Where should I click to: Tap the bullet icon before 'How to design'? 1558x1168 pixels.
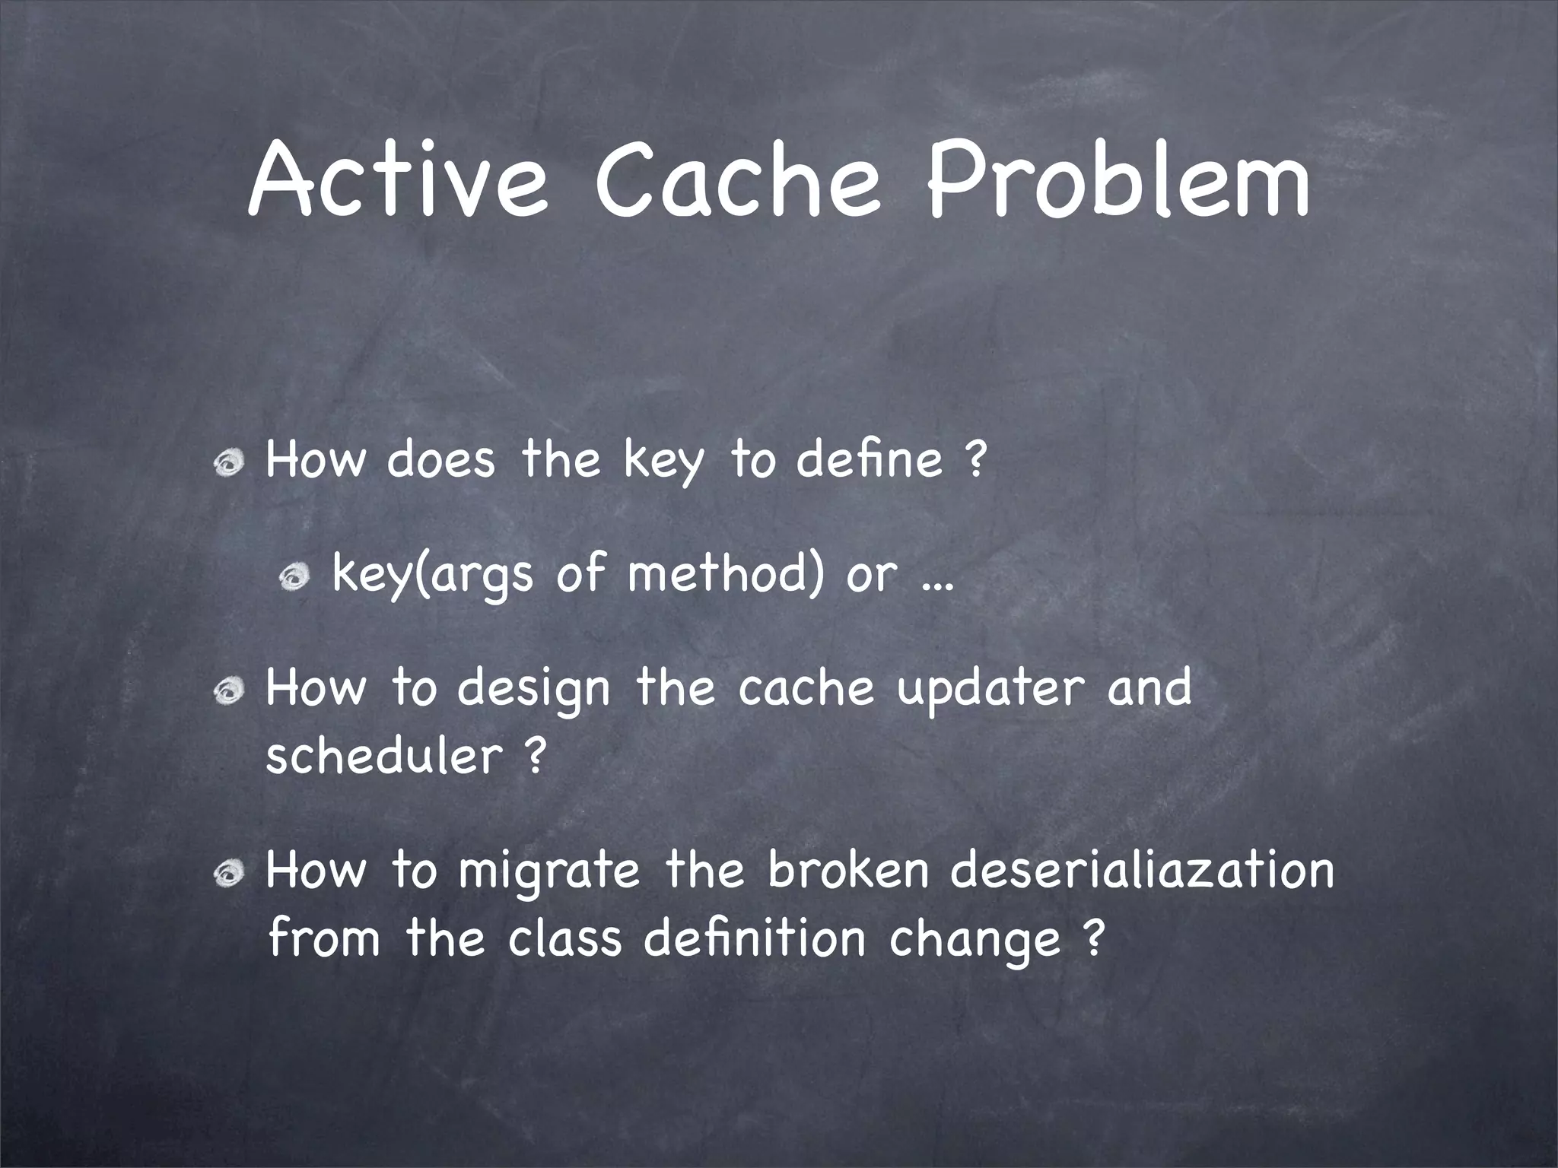coord(229,693)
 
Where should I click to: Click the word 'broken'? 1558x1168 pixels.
coord(848,871)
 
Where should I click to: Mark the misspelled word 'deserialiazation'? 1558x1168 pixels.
coord(1141,871)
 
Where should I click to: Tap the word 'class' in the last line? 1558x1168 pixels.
coord(564,938)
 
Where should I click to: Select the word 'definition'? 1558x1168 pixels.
coord(754,938)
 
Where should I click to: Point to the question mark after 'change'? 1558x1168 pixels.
coord(1092,940)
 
